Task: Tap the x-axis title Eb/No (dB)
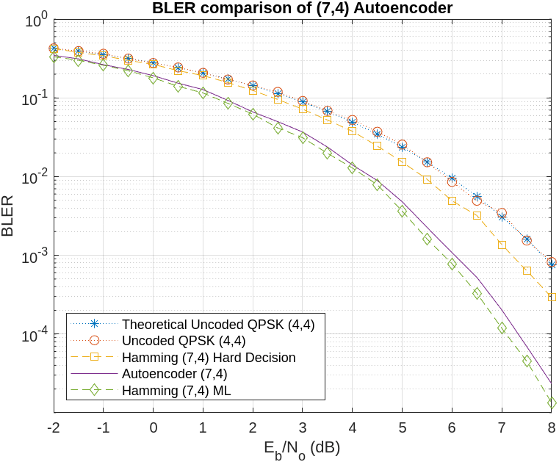pyautogui.click(x=302, y=447)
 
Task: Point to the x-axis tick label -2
pyautogui.click(x=52, y=427)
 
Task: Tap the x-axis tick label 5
pyautogui.click(x=402, y=427)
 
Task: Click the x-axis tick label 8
pyautogui.click(x=551, y=427)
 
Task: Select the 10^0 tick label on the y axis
pyautogui.click(x=35, y=19)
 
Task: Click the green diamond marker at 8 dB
pyautogui.click(x=551, y=403)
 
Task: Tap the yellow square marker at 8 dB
pyautogui.click(x=551, y=297)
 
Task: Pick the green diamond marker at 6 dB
pyautogui.click(x=452, y=264)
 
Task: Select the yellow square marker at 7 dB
pyautogui.click(x=502, y=245)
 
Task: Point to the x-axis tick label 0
pyautogui.click(x=153, y=427)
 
